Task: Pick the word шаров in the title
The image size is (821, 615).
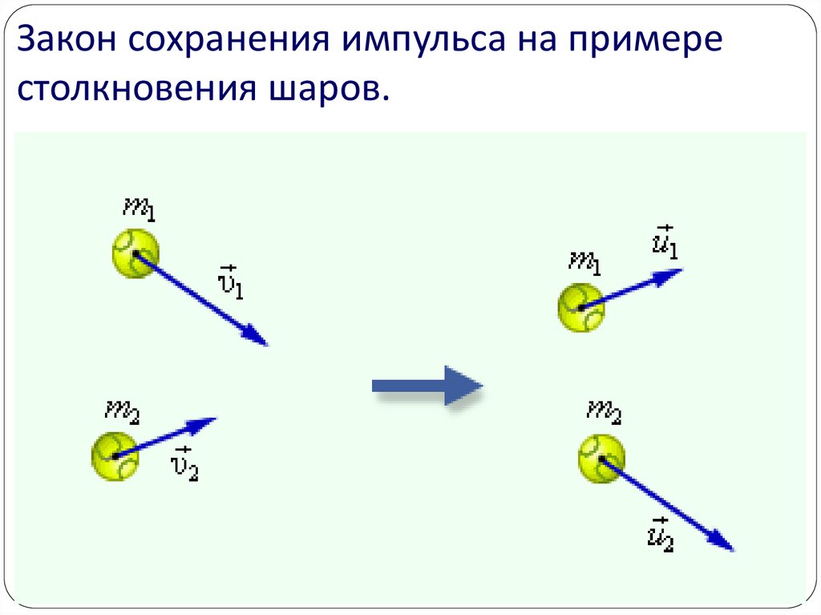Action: tap(321, 90)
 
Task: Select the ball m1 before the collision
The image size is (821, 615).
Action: tap(135, 253)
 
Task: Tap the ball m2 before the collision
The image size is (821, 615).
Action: tap(115, 455)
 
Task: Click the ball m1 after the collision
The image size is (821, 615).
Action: tap(580, 307)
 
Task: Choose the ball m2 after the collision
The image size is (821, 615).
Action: tap(601, 458)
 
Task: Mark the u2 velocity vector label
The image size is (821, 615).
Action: tap(660, 532)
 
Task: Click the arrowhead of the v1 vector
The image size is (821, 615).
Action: tap(257, 337)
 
